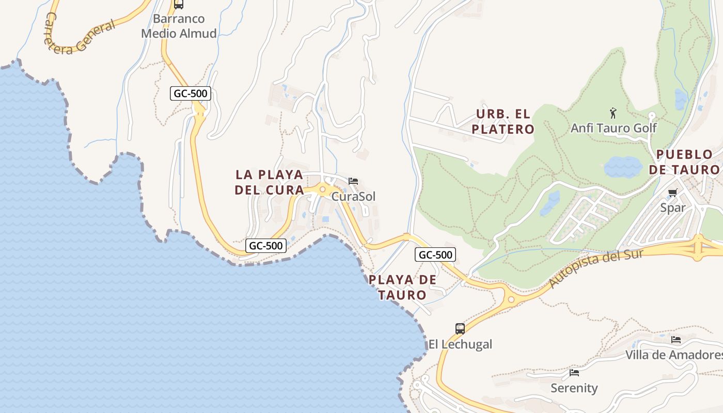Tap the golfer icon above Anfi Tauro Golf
[613, 113]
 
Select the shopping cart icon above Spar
[672, 193]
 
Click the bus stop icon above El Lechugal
[460, 328]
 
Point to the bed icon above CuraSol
[353, 181]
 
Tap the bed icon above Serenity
[574, 373]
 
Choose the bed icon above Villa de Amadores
[676, 340]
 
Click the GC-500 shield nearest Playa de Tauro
[435, 255]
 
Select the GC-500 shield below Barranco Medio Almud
[191, 93]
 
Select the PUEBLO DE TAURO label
[684, 162]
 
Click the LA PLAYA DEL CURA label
[269, 182]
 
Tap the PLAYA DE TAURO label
[402, 288]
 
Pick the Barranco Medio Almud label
[179, 26]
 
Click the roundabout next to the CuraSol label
[322, 190]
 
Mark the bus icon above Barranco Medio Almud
[179, 4]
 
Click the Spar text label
[673, 208]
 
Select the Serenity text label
[574, 388]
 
